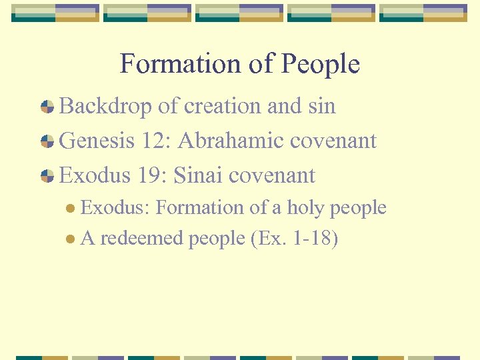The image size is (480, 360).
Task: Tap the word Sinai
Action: [198, 175]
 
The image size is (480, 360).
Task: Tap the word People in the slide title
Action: [321, 64]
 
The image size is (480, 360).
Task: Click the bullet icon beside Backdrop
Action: [47, 107]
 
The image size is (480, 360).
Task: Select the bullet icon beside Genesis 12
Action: [47, 141]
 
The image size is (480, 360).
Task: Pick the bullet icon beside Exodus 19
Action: [47, 176]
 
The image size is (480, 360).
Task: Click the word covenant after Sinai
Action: [271, 175]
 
